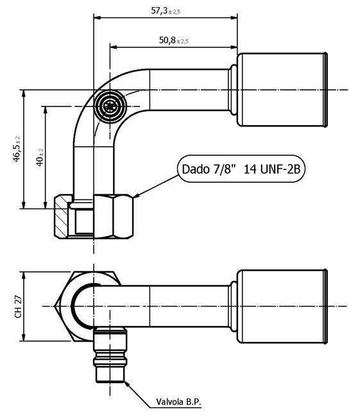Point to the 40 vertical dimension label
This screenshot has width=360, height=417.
pyautogui.click(x=40, y=157)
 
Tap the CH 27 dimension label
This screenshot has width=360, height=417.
pyautogui.click(x=17, y=307)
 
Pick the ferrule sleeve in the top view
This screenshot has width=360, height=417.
pyautogui.click(x=282, y=90)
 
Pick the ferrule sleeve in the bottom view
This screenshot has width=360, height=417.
pyautogui.click(x=282, y=307)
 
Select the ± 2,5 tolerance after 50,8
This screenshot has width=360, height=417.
pyautogui.click(x=181, y=41)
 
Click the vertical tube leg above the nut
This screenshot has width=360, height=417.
pyautogui.click(x=84, y=170)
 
